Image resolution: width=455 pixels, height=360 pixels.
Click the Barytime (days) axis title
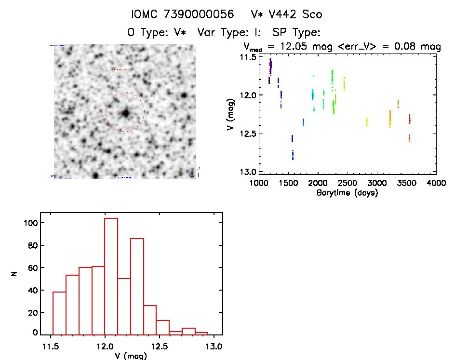click(347, 193)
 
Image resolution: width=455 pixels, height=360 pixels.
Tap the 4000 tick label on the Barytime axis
click(436, 184)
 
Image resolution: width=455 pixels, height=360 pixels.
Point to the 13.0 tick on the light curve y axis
click(250, 172)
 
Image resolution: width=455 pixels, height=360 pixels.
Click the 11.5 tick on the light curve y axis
click(250, 57)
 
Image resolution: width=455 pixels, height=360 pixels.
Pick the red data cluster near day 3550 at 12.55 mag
click(409, 138)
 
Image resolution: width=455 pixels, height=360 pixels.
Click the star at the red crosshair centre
click(125, 113)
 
